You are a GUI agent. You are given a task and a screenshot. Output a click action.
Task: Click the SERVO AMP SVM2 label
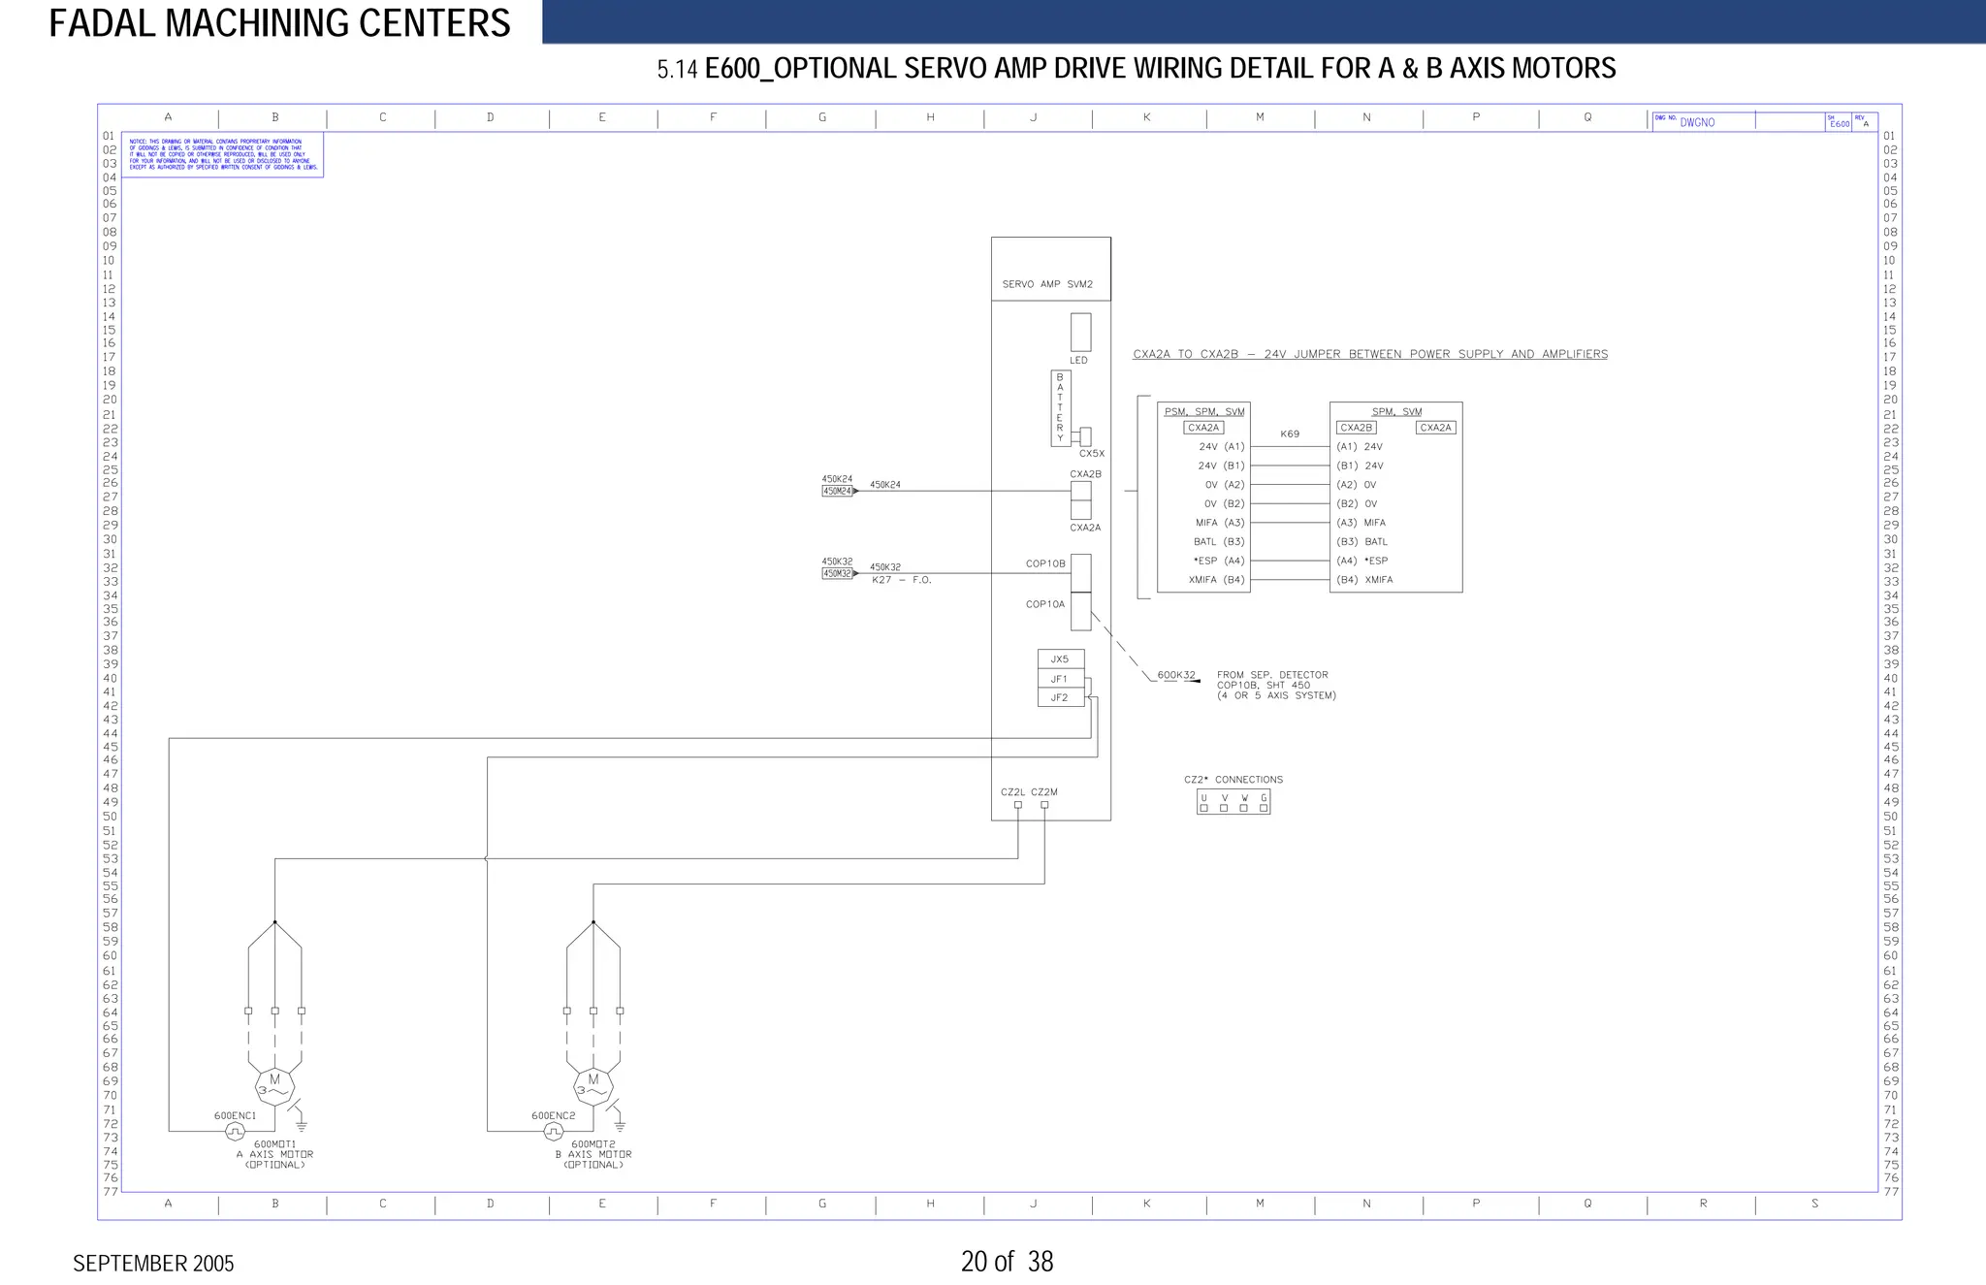tap(1047, 284)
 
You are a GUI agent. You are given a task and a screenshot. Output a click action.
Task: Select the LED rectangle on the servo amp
tap(1080, 332)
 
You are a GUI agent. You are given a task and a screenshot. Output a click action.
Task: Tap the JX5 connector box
tap(1060, 659)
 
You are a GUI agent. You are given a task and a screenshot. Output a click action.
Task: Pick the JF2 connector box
tap(1060, 697)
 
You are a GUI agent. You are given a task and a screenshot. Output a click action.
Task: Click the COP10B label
tap(1045, 563)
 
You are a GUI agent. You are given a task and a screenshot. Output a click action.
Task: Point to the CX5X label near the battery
tap(1092, 454)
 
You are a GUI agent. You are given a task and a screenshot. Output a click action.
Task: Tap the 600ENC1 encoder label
tap(235, 1115)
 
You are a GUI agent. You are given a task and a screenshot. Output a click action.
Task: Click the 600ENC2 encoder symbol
tap(553, 1132)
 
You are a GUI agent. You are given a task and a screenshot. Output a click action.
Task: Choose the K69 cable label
tap(1290, 434)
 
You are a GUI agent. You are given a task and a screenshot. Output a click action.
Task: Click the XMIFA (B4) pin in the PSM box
tap(1216, 580)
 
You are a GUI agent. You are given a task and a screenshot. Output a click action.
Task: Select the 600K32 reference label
tap(1176, 675)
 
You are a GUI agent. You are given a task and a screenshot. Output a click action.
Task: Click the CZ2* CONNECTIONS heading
tap(1233, 780)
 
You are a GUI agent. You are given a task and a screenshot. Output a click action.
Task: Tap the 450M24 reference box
tap(837, 492)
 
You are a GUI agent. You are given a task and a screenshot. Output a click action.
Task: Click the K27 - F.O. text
tap(901, 580)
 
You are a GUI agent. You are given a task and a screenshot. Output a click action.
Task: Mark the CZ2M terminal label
tap(1044, 792)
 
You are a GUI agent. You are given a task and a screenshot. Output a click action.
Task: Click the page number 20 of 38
tap(1007, 1261)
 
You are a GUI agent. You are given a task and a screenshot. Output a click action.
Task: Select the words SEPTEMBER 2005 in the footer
tap(153, 1263)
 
